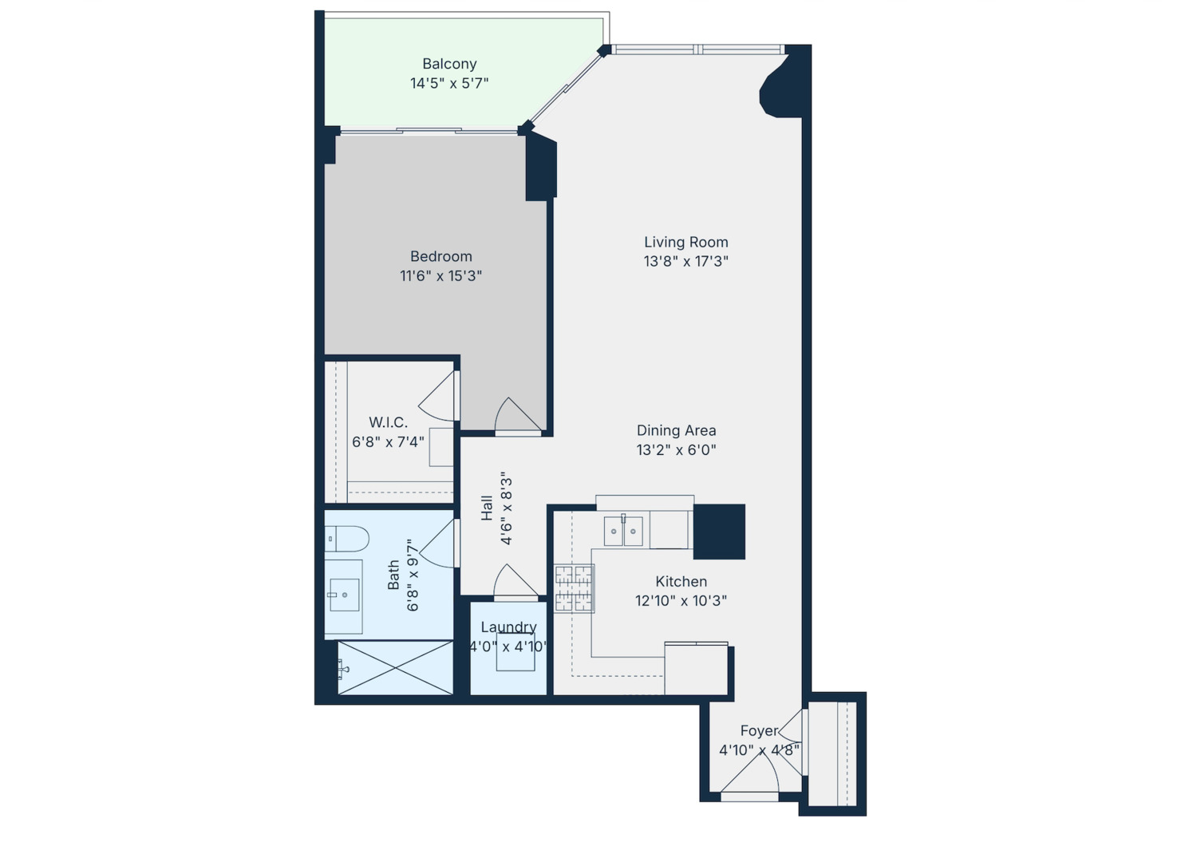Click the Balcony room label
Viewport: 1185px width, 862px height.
point(449,64)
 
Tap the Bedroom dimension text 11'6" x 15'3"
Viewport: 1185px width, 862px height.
point(440,276)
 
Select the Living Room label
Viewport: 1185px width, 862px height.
point(685,242)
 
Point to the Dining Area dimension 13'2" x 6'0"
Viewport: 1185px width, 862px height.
point(676,450)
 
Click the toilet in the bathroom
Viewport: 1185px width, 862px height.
point(348,540)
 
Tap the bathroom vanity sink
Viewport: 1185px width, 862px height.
point(344,595)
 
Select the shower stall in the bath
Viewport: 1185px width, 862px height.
point(395,667)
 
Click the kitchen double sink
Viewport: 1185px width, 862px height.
point(623,531)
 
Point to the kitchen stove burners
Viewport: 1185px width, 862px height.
point(575,588)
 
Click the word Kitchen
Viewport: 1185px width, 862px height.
point(681,582)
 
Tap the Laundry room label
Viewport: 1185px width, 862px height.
point(508,627)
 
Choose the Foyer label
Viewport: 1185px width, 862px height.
point(758,731)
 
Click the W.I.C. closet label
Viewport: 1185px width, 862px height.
point(388,422)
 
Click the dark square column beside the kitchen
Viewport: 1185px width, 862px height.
point(719,531)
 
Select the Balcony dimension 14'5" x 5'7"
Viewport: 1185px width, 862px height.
point(449,83)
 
